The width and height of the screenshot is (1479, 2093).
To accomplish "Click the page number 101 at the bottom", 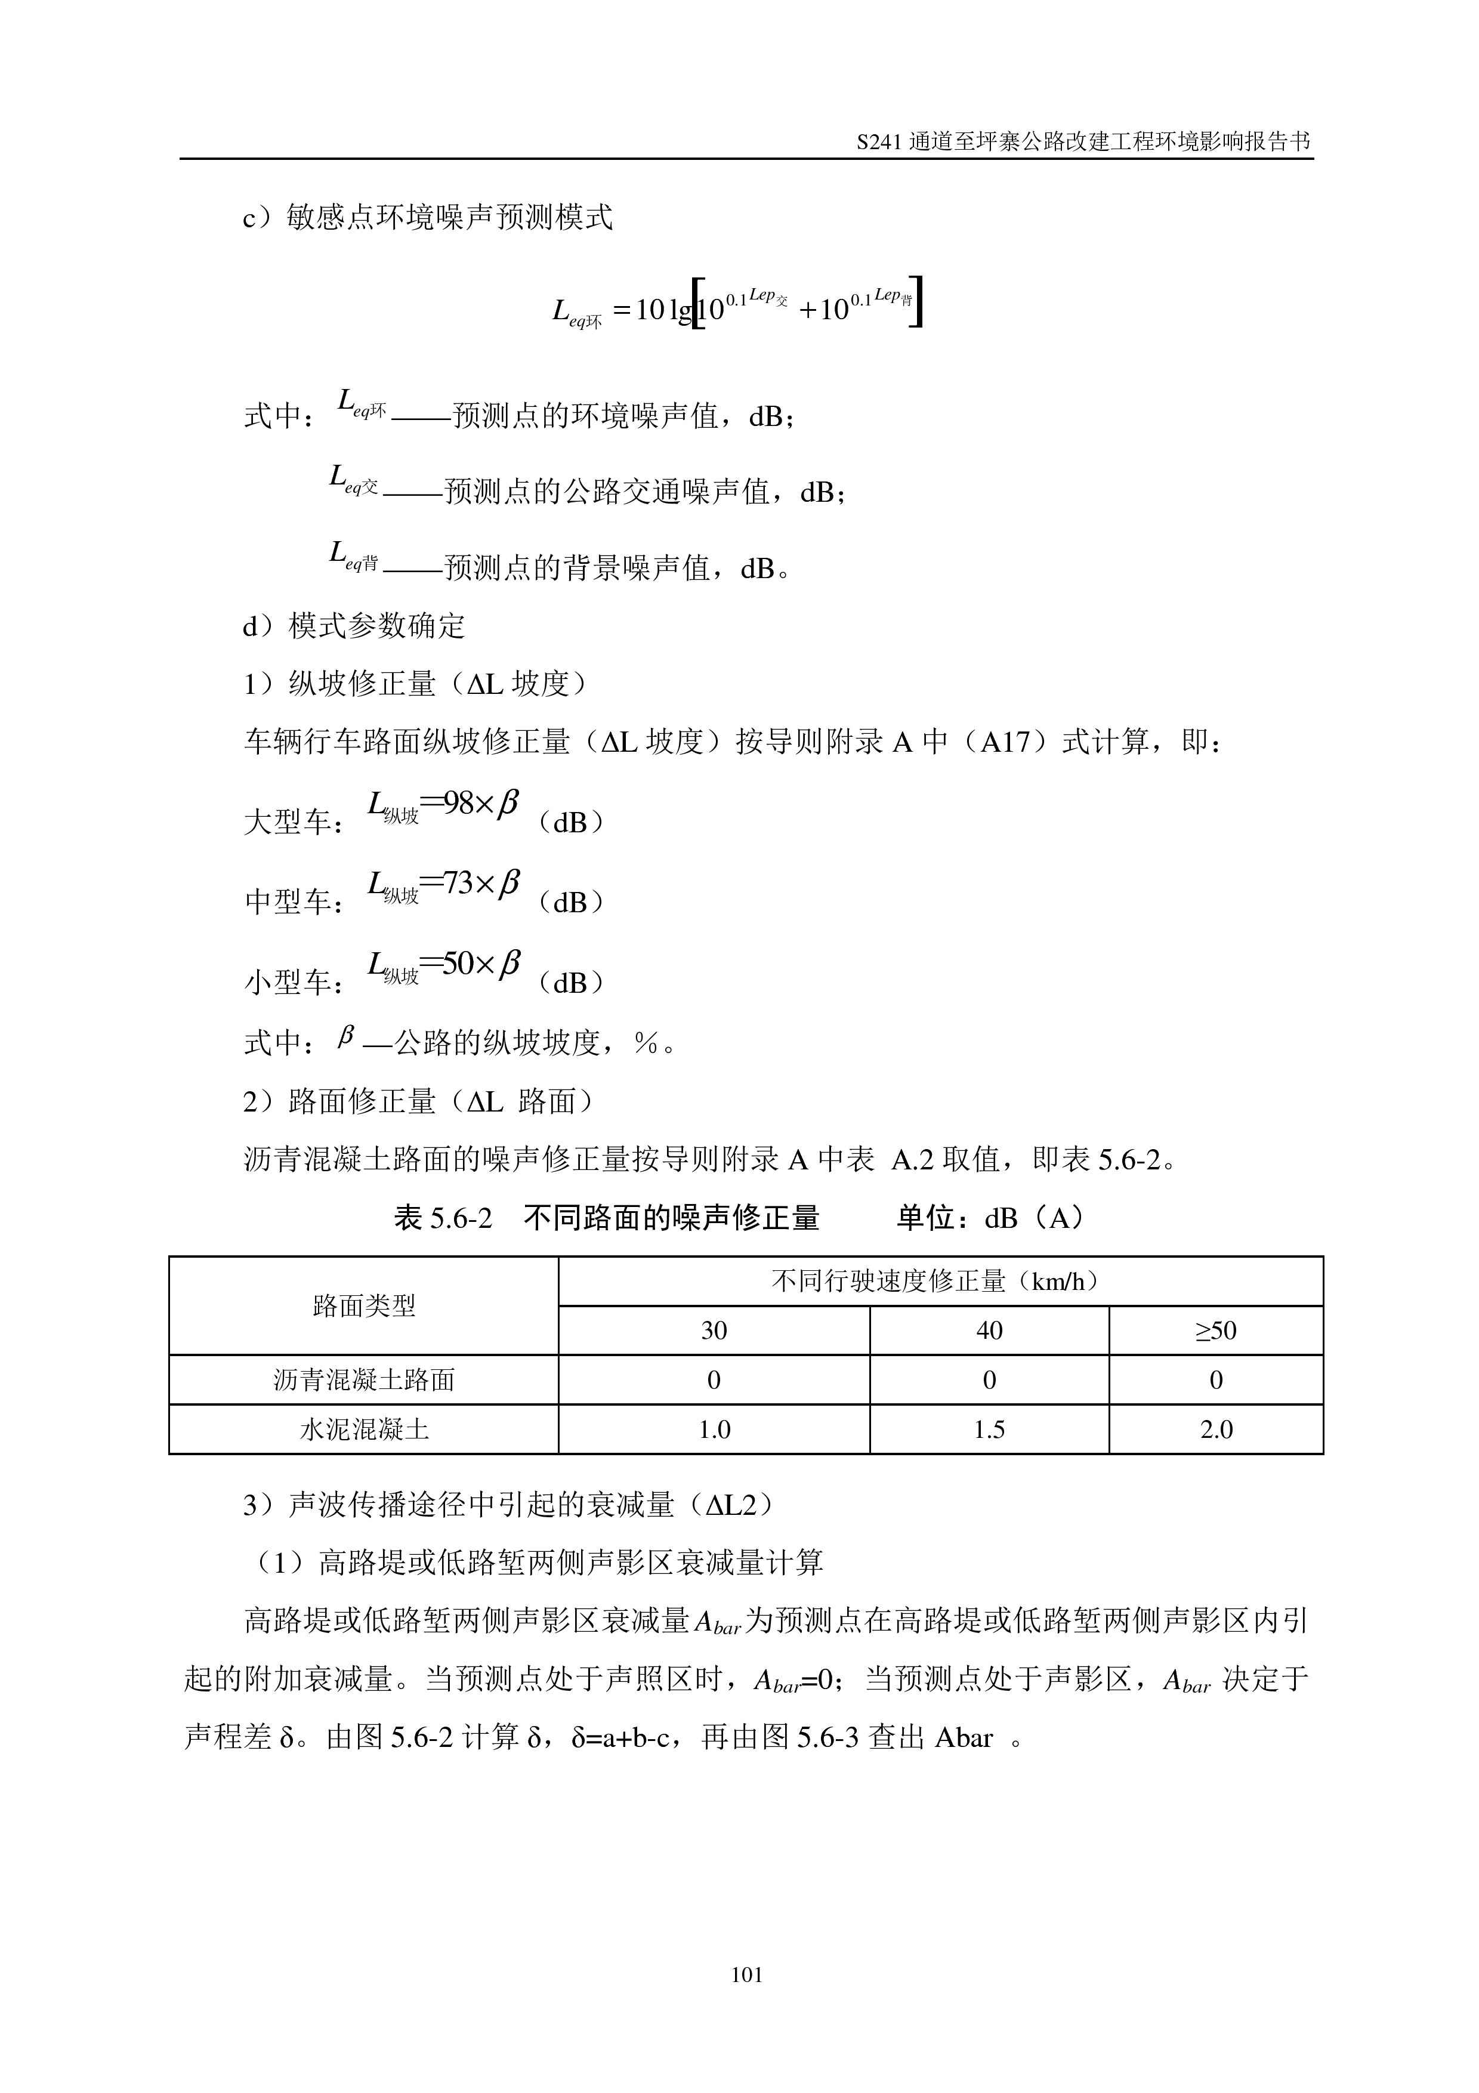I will tap(746, 1974).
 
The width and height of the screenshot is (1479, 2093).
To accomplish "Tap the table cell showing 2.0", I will tap(1216, 1430).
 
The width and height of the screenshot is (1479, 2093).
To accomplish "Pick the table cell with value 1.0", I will tap(714, 1430).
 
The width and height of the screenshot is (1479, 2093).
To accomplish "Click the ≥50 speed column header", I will tap(1216, 1331).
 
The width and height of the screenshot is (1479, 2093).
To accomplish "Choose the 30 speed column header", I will tap(714, 1331).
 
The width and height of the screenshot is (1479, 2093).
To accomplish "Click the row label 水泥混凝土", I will tap(363, 1430).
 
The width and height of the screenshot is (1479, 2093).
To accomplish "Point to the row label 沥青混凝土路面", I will tap(363, 1380).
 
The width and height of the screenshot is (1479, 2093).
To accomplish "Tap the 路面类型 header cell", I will tap(363, 1306).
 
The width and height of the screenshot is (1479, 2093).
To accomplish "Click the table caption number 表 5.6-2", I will tap(443, 1218).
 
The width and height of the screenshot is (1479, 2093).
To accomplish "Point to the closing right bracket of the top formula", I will tap(917, 302).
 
